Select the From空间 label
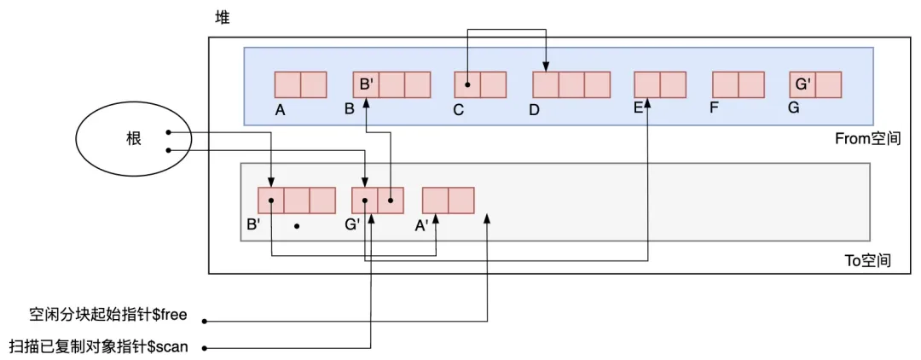point(867,138)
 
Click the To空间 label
point(867,260)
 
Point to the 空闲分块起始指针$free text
point(108,316)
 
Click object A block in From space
point(300,84)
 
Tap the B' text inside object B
point(366,84)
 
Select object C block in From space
point(480,84)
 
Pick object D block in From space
point(571,84)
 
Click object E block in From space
point(660,84)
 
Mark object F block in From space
point(738,84)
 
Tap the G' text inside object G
point(802,84)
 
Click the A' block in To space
point(448,200)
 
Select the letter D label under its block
point(535,109)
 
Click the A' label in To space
point(422,226)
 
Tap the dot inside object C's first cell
point(467,84)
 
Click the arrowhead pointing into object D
point(547,68)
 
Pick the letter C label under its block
point(458,109)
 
